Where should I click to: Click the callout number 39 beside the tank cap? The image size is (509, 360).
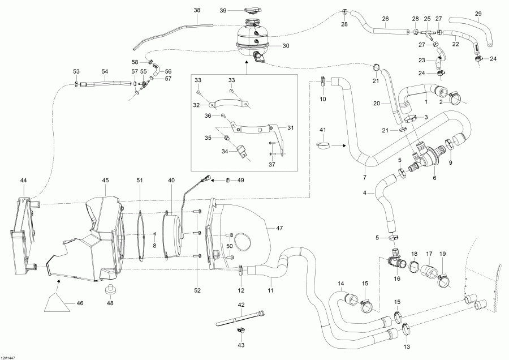(223, 11)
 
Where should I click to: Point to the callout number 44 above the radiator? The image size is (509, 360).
(23, 180)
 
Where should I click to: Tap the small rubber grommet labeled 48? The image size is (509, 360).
(110, 290)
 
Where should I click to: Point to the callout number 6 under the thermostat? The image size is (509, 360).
(434, 177)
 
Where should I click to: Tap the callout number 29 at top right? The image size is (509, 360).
(478, 14)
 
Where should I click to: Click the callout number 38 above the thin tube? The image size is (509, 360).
(197, 10)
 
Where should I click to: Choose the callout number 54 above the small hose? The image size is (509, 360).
(104, 72)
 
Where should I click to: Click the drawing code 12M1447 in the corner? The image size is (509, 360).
(8, 357)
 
